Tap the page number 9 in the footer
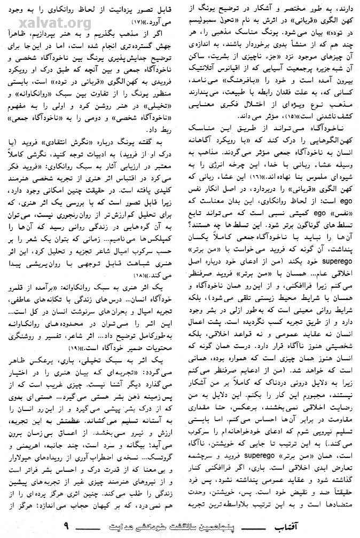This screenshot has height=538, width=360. pyautogui.click(x=66, y=526)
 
